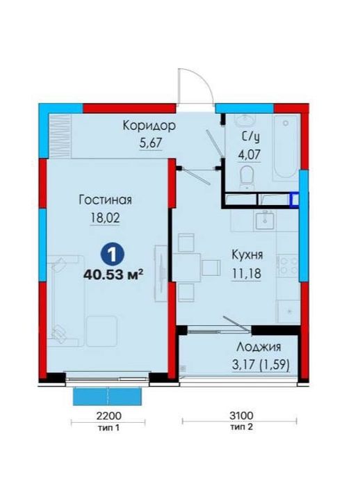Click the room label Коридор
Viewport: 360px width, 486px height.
click(149, 126)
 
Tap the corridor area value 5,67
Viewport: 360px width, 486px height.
click(151, 143)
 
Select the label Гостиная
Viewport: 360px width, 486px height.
click(106, 200)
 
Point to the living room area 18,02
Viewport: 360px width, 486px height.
click(105, 218)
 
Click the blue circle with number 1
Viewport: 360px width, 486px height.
click(113, 254)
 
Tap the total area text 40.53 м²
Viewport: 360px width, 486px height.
click(113, 275)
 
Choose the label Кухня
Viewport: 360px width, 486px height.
click(247, 254)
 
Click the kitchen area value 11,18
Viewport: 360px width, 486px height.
click(247, 273)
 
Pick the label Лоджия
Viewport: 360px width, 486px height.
click(259, 347)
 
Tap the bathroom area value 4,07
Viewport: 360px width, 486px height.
click(249, 154)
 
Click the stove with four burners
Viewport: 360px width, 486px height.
click(288, 266)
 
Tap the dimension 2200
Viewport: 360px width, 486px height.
click(108, 416)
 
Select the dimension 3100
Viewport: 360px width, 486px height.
click(241, 415)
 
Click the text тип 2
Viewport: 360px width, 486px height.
click(241, 427)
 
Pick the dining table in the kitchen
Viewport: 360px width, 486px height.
click(186, 268)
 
